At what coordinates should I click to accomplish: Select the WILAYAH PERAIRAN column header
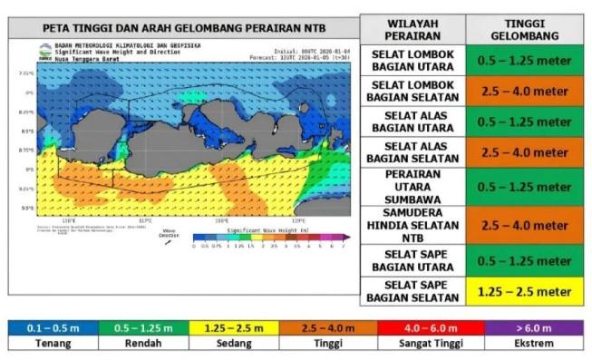412,29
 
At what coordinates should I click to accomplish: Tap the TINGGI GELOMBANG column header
530,29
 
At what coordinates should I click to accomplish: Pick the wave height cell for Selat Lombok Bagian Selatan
530,91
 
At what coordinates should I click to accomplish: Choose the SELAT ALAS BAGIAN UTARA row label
412,122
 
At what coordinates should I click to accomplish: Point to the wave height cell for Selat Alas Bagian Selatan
530,152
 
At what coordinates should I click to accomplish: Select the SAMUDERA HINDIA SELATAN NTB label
412,222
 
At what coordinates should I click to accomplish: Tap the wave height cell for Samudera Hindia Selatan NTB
530,222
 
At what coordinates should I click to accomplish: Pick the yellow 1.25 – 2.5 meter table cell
530,291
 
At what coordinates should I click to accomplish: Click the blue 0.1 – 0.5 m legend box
53,326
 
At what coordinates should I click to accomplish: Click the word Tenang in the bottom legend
53,345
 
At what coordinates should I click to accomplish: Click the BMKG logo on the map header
45,52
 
